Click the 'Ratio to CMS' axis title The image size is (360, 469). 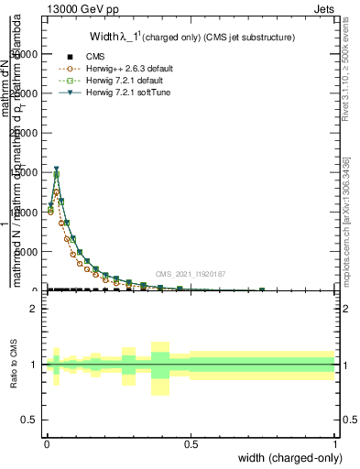(14, 365)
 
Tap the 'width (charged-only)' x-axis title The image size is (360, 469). (288, 457)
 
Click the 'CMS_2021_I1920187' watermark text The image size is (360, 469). (191, 274)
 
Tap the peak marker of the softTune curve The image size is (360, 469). (56, 169)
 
